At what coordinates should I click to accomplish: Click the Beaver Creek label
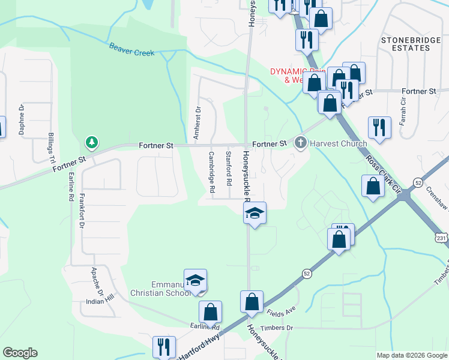click(x=131, y=49)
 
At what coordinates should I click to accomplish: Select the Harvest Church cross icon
click(x=301, y=143)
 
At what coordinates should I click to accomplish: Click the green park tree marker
click(x=91, y=143)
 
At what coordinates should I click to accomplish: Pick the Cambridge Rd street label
click(x=212, y=172)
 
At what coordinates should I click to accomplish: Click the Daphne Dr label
click(x=22, y=120)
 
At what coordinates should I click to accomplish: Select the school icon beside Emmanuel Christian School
click(x=195, y=281)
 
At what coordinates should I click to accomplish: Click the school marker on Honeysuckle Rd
click(x=255, y=214)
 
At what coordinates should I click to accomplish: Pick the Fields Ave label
click(x=282, y=311)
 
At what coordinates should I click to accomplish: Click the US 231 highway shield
click(x=441, y=238)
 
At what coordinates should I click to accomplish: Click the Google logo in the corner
click(x=20, y=353)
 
